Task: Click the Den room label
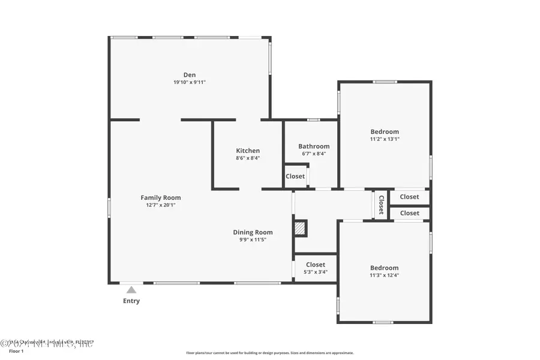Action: [x=190, y=75]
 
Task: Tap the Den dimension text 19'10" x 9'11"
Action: [x=190, y=82]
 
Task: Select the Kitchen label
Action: [x=248, y=151]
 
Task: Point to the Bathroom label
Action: [x=314, y=146]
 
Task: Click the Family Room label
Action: [x=161, y=197]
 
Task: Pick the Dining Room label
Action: [x=253, y=232]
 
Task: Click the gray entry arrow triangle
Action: [x=131, y=290]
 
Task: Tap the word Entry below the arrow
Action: [x=131, y=301]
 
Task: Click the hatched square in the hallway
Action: [x=299, y=228]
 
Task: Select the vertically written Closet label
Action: [x=380, y=205]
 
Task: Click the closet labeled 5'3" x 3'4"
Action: [x=315, y=268]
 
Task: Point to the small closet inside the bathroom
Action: [x=295, y=176]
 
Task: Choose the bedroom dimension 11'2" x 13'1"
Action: [x=385, y=139]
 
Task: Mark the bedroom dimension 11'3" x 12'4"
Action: [x=384, y=275]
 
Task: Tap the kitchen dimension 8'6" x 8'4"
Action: [x=248, y=158]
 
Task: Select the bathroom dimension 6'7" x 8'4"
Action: [x=314, y=154]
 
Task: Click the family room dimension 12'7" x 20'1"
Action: [x=161, y=205]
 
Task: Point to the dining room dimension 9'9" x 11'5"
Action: [x=253, y=240]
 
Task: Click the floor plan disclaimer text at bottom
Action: [x=269, y=353]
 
